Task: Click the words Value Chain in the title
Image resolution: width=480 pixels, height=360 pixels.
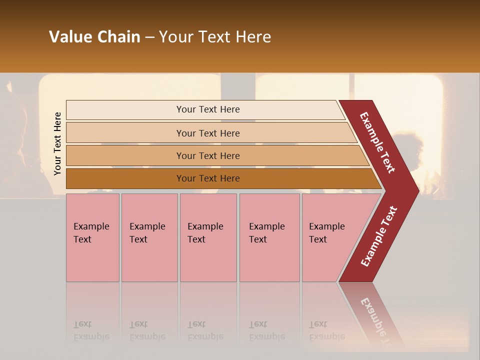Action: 94,37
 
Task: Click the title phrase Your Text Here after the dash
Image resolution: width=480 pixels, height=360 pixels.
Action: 215,37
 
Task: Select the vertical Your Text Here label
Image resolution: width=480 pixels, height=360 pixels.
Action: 57,144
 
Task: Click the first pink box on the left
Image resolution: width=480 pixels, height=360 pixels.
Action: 92,237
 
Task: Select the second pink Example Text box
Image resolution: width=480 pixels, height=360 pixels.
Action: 149,237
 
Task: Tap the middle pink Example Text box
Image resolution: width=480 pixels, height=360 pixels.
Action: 208,237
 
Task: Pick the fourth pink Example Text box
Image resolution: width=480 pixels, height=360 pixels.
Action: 269,237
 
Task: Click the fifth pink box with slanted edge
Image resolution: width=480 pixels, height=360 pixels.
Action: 330,237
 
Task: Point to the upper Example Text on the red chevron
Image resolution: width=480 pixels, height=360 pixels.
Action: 377,142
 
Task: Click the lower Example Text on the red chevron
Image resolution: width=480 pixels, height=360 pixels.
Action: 379,236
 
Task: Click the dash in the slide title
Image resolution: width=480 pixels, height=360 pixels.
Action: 149,37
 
